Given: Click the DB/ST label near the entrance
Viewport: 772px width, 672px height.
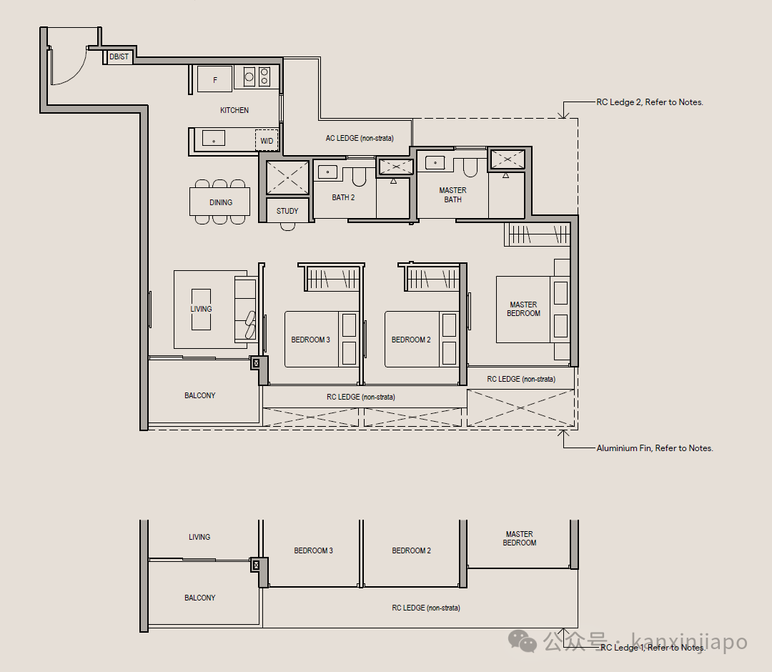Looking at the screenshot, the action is click(x=119, y=56).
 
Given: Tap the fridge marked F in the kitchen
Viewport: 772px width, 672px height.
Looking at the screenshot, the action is click(x=214, y=79).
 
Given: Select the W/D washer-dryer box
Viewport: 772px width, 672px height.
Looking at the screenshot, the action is click(x=267, y=140).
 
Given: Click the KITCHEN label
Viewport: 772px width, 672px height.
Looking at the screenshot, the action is click(x=234, y=110).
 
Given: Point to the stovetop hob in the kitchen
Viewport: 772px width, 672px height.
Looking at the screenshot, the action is click(x=257, y=76).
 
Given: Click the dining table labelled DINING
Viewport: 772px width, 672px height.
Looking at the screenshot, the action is click(x=220, y=202).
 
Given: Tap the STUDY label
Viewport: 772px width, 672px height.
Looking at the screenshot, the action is click(x=287, y=211).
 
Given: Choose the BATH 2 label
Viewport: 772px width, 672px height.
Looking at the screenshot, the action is click(x=343, y=197).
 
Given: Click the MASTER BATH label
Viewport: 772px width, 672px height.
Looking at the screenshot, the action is click(x=453, y=195).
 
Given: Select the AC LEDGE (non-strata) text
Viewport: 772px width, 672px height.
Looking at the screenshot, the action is click(x=360, y=139).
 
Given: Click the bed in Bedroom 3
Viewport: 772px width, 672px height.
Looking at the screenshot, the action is click(x=322, y=339).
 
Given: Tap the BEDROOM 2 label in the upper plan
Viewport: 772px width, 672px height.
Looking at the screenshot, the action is click(x=411, y=340).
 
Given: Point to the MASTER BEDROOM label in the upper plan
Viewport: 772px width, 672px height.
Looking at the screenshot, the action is click(x=523, y=309).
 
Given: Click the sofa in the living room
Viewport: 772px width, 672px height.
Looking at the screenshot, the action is click(x=245, y=309).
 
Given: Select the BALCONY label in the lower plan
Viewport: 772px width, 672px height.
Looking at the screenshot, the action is click(x=200, y=598).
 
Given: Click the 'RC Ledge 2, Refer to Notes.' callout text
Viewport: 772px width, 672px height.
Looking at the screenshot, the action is click(x=650, y=102).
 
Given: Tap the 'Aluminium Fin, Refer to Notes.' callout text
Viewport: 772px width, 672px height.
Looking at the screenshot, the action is click(x=655, y=448).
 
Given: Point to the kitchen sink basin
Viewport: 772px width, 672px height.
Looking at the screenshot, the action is click(x=214, y=138).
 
